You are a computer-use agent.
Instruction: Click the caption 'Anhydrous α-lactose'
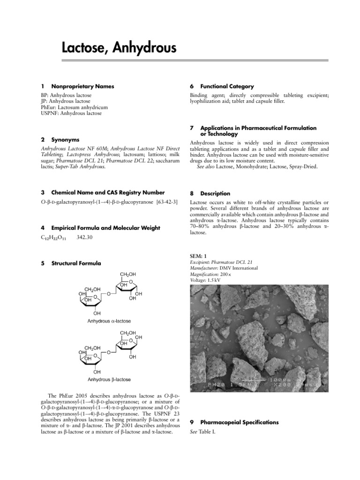(109, 321)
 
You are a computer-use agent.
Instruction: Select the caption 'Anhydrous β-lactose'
(109, 379)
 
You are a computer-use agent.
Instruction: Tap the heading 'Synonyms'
(65, 140)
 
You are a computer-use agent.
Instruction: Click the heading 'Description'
(215, 193)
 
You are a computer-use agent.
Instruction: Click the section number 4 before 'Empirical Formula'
(43, 228)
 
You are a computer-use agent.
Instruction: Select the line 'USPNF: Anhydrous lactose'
(71, 113)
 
